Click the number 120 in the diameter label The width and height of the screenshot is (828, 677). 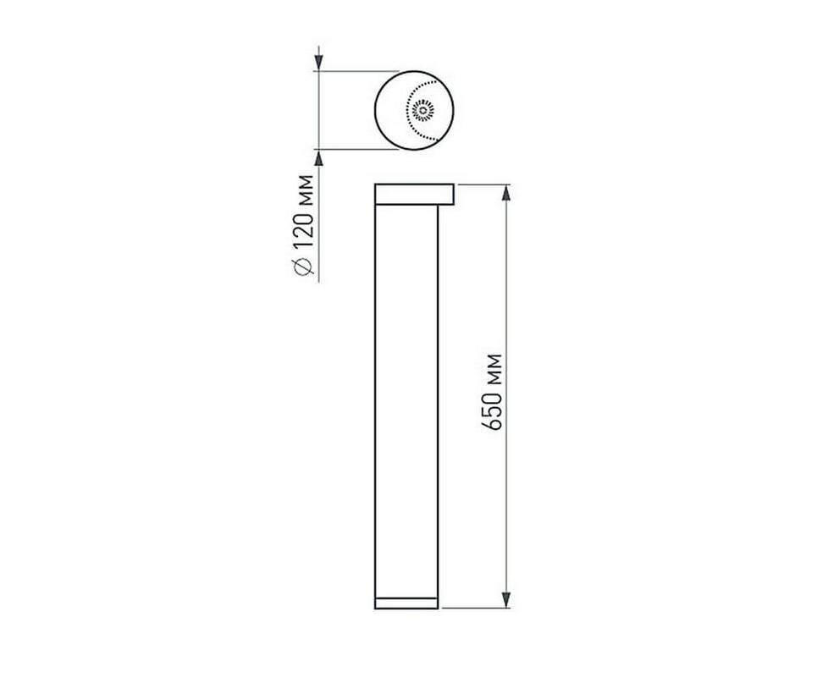click(304, 229)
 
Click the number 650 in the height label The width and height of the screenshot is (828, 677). click(492, 410)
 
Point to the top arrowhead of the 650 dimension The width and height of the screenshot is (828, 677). click(506, 193)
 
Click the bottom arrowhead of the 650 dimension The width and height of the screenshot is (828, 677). click(506, 599)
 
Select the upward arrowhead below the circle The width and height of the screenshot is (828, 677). click(318, 157)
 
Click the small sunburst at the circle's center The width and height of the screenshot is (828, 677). click(423, 111)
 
